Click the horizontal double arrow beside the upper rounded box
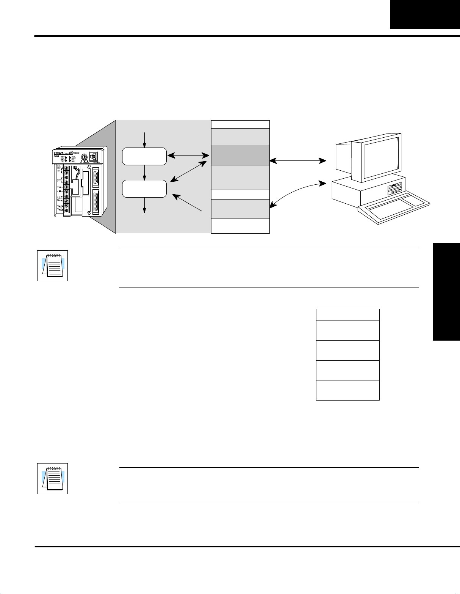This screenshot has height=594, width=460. tap(189, 156)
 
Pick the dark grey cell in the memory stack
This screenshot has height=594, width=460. tap(240, 155)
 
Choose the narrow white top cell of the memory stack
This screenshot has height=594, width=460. tap(240, 124)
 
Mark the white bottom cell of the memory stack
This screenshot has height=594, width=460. tap(240, 226)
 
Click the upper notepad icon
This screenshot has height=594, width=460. tap(52, 266)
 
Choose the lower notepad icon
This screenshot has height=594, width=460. tap(52, 478)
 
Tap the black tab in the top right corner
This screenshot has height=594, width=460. tap(425, 14)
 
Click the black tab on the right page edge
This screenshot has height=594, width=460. tap(446, 292)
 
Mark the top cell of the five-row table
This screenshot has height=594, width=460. tap(347, 315)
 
